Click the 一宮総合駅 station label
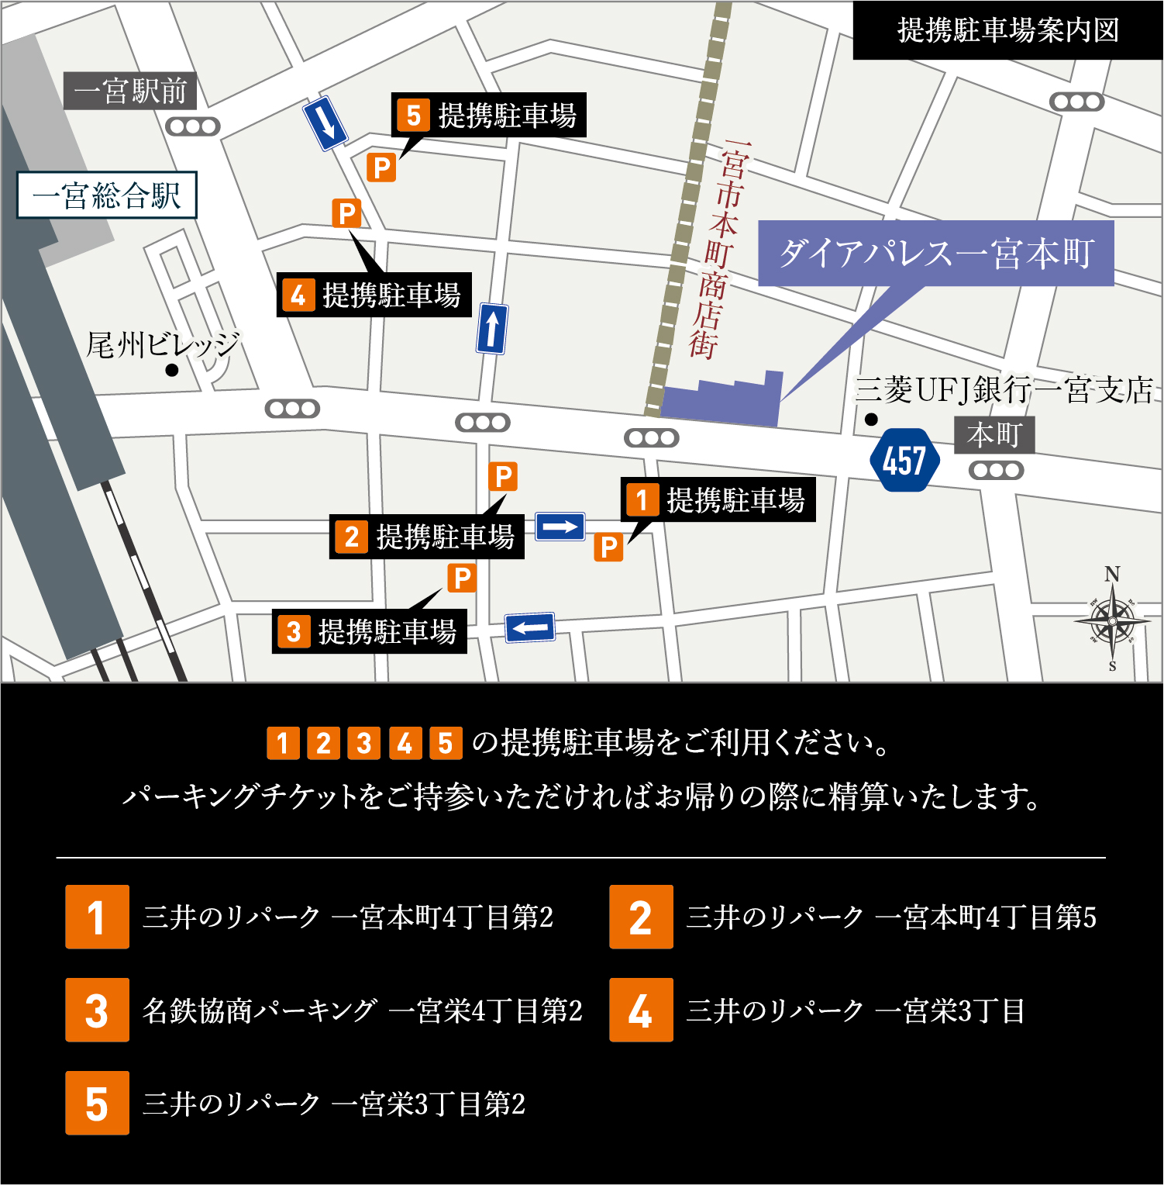point(107,195)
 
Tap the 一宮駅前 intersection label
point(130,91)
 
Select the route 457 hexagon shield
point(904,461)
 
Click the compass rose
point(1113,620)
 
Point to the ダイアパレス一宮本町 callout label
point(935,253)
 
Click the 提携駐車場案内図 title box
point(1007,30)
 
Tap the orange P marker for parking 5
point(381,168)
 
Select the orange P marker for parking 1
point(608,547)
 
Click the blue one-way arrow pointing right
point(560,527)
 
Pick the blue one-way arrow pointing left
point(530,627)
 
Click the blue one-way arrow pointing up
point(492,329)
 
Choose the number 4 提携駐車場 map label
point(374,295)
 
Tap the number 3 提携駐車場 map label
point(370,631)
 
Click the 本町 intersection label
point(994,435)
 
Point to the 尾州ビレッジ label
point(163,344)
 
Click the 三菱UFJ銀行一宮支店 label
point(1004,390)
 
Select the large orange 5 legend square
point(97,1103)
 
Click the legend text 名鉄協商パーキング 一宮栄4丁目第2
point(362,1011)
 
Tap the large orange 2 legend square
point(641,917)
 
